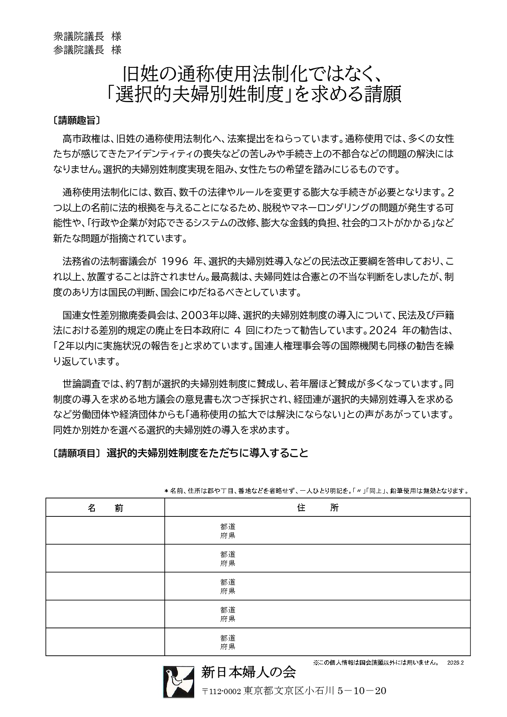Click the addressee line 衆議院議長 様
point(87,36)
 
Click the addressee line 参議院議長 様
point(87,50)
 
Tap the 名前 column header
point(105,507)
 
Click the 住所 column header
point(318,507)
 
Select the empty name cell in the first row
point(105,530)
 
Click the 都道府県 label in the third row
point(228,586)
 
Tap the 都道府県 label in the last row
point(228,642)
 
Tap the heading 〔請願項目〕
point(76,453)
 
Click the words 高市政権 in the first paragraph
point(81,138)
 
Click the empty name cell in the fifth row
point(105,642)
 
